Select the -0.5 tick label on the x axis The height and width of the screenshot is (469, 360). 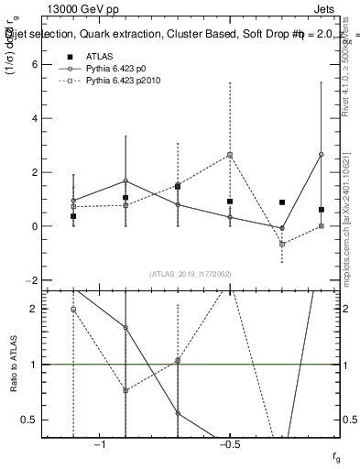pyautogui.click(x=229, y=444)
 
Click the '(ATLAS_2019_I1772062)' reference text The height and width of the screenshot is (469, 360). pyautogui.click(x=190, y=274)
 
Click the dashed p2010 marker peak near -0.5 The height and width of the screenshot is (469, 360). pyautogui.click(x=230, y=155)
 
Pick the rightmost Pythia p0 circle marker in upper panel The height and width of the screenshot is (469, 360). pyautogui.click(x=321, y=154)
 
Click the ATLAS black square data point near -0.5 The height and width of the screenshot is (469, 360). pyautogui.click(x=230, y=202)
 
